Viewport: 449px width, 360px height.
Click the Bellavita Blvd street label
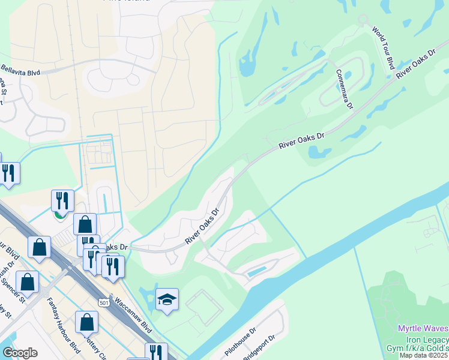(x=20, y=72)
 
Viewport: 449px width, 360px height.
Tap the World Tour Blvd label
(x=382, y=47)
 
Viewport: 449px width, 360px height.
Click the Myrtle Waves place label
(x=423, y=328)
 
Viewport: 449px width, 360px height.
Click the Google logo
(x=20, y=352)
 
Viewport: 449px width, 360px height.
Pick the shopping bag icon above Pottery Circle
(x=87, y=322)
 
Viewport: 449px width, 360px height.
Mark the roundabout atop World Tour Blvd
(x=363, y=19)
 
